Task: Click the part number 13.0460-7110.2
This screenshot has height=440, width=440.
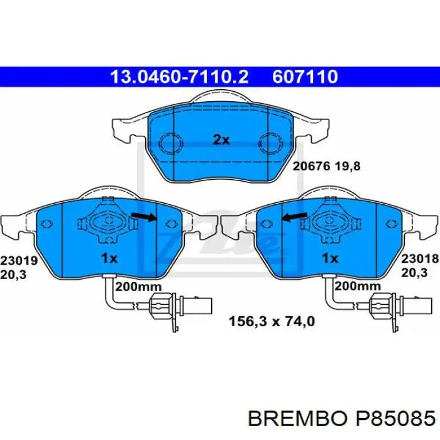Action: [179, 77]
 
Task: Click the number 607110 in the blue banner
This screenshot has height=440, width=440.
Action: [305, 77]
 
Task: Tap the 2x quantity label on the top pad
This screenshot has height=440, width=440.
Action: [221, 140]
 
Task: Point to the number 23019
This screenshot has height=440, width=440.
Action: [19, 260]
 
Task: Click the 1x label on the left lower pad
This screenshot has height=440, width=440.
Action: [109, 258]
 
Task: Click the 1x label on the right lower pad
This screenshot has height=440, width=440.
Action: [329, 258]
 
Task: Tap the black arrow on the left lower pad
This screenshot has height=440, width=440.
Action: [145, 217]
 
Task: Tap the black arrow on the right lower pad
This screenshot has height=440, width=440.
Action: [294, 217]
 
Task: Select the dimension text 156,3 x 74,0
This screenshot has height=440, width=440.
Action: [270, 322]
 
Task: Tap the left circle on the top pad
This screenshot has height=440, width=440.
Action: [169, 144]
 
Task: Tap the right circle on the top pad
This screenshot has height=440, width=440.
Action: [271, 144]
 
